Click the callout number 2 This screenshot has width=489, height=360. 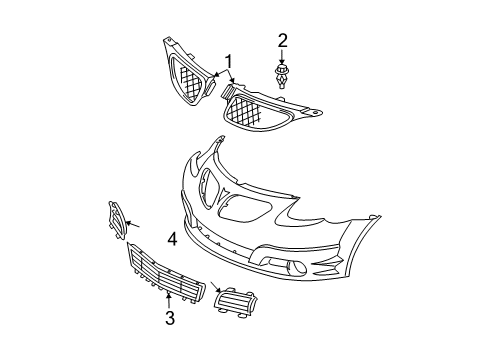pyautogui.click(x=283, y=41)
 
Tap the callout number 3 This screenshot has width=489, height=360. pyautogui.click(x=170, y=318)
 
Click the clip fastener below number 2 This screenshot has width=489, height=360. pyautogui.click(x=284, y=77)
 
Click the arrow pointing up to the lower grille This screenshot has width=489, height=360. pyautogui.click(x=170, y=299)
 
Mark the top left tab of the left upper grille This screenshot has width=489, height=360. pyautogui.click(x=166, y=42)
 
